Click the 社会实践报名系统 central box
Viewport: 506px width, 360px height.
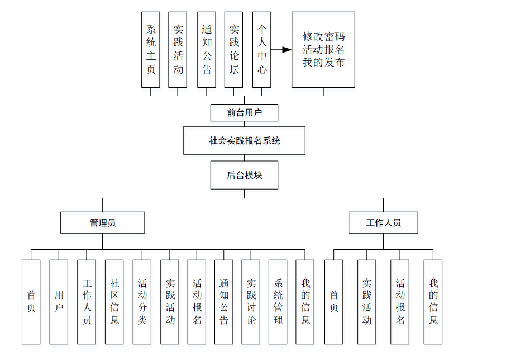(244, 140)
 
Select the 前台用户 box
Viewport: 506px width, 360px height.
(244, 112)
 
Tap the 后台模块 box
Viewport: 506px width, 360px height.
(244, 175)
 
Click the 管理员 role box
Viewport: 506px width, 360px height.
(102, 222)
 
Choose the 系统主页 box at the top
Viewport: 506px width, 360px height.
(151, 49)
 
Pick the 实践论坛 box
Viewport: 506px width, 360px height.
(234, 49)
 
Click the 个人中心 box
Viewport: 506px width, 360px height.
(261, 49)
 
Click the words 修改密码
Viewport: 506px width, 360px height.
(323, 37)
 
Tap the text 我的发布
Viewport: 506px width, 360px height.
(323, 62)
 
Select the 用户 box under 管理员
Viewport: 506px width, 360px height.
(59, 302)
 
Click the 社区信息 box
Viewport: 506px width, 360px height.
(114, 302)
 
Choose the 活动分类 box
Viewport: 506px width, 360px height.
(142, 302)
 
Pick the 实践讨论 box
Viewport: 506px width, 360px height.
(251, 302)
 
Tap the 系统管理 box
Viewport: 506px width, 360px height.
(278, 302)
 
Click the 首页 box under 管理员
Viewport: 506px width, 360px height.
(31, 302)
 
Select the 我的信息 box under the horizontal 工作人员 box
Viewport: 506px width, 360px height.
(433, 302)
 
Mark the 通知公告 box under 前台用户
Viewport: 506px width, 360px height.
(207, 49)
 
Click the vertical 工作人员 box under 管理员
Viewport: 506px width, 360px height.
(87, 302)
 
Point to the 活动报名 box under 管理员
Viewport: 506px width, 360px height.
(197, 302)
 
